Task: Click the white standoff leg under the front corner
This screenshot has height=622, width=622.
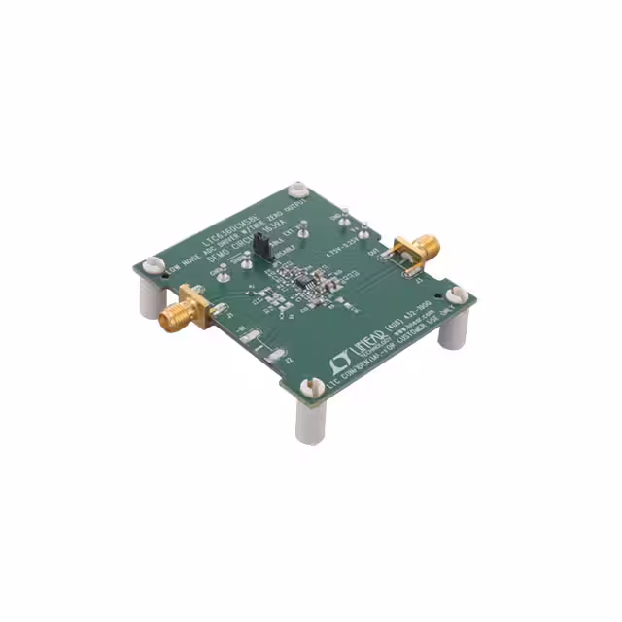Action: pyautogui.click(x=311, y=422)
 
